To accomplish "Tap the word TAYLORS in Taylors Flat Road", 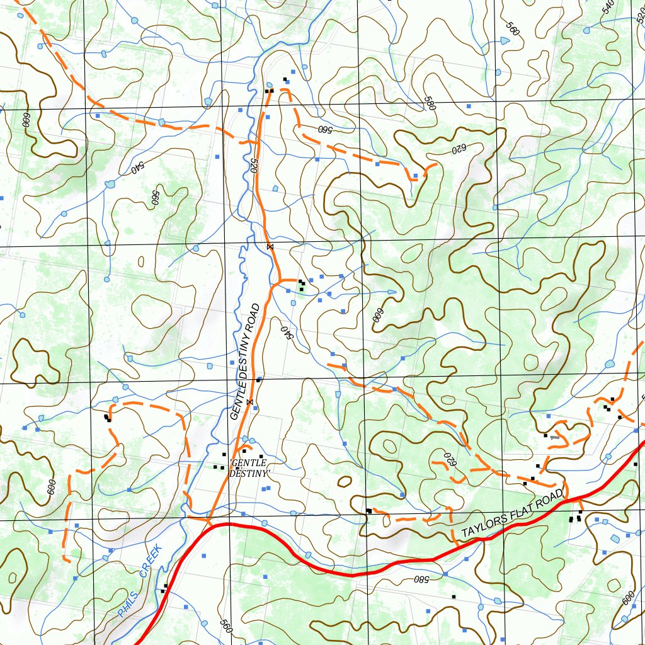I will click(484, 526).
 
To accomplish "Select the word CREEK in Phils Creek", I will click(151, 562).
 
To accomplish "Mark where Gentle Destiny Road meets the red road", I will click(210, 522).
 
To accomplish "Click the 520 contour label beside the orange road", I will click(255, 166).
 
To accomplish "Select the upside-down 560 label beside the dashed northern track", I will click(324, 130).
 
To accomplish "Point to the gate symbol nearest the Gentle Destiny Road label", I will click(250, 401).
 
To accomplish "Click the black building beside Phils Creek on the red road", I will click(164, 589).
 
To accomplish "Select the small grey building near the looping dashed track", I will click(554, 437).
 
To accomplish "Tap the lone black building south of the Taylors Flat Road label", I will click(453, 596).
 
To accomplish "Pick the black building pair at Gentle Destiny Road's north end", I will click(269, 91).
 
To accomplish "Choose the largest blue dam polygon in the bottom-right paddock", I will click(615, 539).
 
